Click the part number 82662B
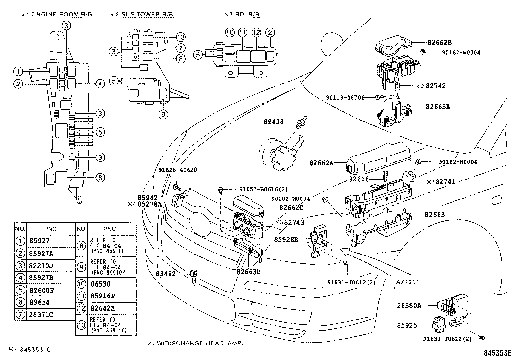[x=440, y=42]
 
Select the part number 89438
[x=274, y=122]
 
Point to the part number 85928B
[x=286, y=239]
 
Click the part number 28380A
[x=409, y=305]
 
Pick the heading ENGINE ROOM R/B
[x=62, y=14]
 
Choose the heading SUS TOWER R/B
[x=147, y=14]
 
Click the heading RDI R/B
[x=249, y=14]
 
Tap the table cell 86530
[x=100, y=284]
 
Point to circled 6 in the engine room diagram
[x=100, y=178]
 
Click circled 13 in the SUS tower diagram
[x=180, y=37]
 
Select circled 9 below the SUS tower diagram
[x=163, y=114]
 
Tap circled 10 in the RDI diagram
[x=230, y=32]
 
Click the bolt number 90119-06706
[x=345, y=97]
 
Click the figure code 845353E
[x=497, y=353]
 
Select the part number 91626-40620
[x=178, y=170]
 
